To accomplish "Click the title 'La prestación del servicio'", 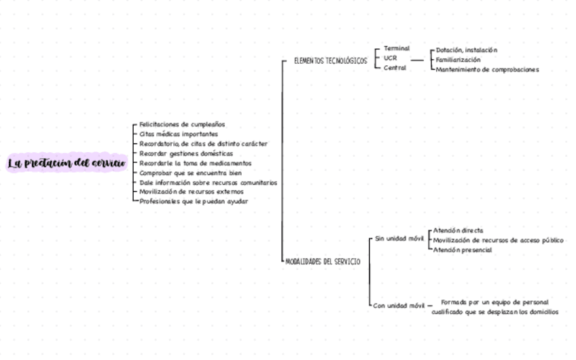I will [67, 163].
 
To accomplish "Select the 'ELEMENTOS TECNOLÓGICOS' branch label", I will [331, 61].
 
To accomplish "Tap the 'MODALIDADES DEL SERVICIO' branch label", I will [323, 262].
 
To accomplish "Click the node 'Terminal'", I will [397, 49].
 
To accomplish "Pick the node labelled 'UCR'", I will [390, 58].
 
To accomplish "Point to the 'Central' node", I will [395, 68].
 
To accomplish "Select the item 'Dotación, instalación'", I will [467, 50].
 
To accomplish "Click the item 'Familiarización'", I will [458, 60].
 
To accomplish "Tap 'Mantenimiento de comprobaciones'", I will [487, 69].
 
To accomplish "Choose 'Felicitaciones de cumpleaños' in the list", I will [182, 125].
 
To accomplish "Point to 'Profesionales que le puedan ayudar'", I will [194, 202].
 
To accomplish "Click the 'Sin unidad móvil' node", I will [399, 239].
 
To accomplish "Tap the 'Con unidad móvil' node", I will [399, 306].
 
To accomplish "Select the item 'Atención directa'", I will [458, 231].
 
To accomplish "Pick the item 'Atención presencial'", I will [463, 250].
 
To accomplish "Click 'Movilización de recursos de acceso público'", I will [498, 240].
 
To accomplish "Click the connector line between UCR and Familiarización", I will [418, 60].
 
